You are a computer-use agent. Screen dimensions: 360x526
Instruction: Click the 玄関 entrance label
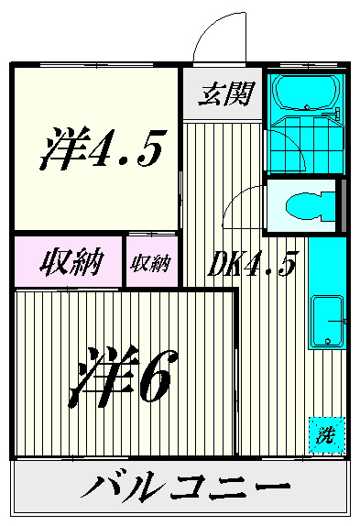[x=226, y=93]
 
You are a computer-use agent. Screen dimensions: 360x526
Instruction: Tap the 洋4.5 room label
[x=103, y=148]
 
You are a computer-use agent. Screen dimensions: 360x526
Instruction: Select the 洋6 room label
[x=124, y=376]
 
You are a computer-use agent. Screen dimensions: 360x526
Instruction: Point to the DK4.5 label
[x=251, y=263]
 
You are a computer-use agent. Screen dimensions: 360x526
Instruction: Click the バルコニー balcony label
[x=185, y=487]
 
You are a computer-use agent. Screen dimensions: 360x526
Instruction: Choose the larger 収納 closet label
[x=71, y=262]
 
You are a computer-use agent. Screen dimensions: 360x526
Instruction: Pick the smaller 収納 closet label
[x=151, y=263]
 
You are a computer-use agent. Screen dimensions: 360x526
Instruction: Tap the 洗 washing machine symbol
[x=327, y=435]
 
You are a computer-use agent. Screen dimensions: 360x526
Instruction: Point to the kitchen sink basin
[x=328, y=322]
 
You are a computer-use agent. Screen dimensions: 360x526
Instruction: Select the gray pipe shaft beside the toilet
[x=344, y=205]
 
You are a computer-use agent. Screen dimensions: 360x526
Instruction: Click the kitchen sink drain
[x=328, y=341]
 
